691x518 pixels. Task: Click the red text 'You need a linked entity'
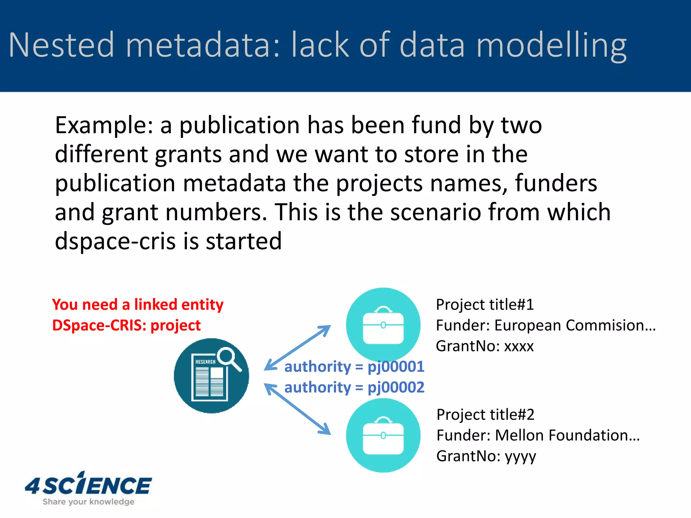138,304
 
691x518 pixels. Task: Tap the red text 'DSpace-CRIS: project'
126,325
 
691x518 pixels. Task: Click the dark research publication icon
211,376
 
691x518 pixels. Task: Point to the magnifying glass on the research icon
228,358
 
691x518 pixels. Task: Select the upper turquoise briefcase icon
383,324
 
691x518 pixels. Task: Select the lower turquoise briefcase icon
383,435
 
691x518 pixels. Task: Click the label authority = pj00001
354,367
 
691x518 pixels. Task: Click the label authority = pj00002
354,387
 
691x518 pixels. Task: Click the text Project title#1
485,305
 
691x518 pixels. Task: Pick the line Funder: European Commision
546,325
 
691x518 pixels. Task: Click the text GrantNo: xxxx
485,346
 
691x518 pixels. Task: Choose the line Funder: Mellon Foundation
538,435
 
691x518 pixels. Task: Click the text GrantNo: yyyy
486,456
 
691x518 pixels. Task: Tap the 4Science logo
88,488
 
